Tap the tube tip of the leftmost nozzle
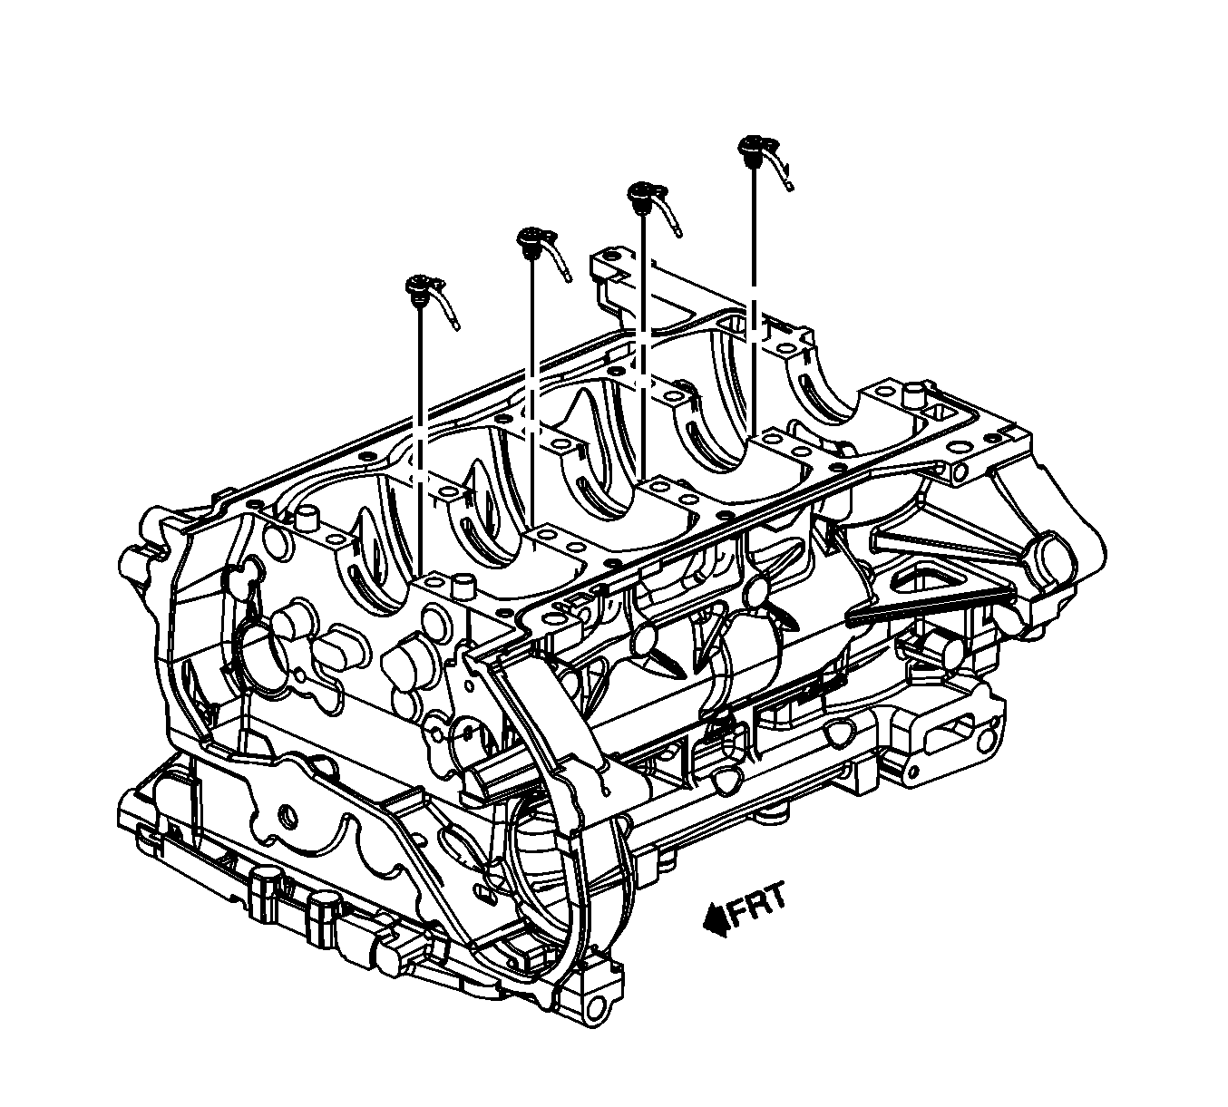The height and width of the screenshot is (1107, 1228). [x=456, y=326]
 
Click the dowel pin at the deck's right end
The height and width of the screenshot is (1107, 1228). [x=912, y=394]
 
